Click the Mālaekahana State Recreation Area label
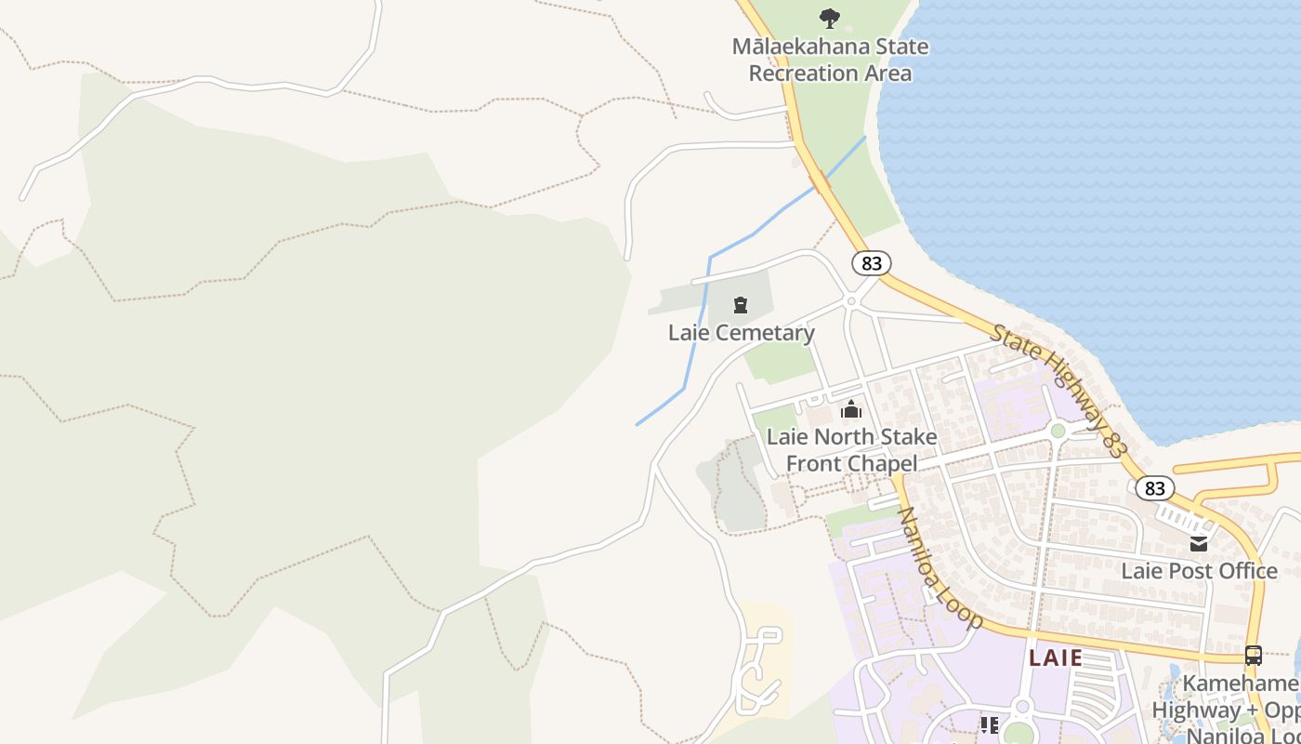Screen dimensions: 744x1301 click(x=830, y=60)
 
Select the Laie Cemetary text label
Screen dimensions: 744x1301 click(x=741, y=332)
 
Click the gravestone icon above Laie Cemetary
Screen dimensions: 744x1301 click(x=741, y=305)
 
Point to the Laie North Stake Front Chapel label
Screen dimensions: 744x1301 click(x=851, y=450)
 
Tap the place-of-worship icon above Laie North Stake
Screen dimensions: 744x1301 click(x=850, y=409)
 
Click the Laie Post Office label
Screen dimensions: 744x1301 click(x=1199, y=570)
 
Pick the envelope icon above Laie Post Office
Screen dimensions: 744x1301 click(x=1199, y=544)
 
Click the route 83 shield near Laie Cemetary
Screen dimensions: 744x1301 click(x=871, y=263)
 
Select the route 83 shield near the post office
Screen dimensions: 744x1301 click(x=1154, y=487)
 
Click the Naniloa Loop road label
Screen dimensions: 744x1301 click(x=939, y=568)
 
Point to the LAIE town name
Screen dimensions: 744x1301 click(x=1056, y=658)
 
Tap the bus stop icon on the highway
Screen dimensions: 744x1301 click(x=1253, y=655)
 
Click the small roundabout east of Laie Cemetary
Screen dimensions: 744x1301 click(x=850, y=301)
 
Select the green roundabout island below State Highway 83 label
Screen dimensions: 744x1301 click(x=1058, y=431)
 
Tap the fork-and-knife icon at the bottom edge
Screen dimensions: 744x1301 click(x=989, y=724)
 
